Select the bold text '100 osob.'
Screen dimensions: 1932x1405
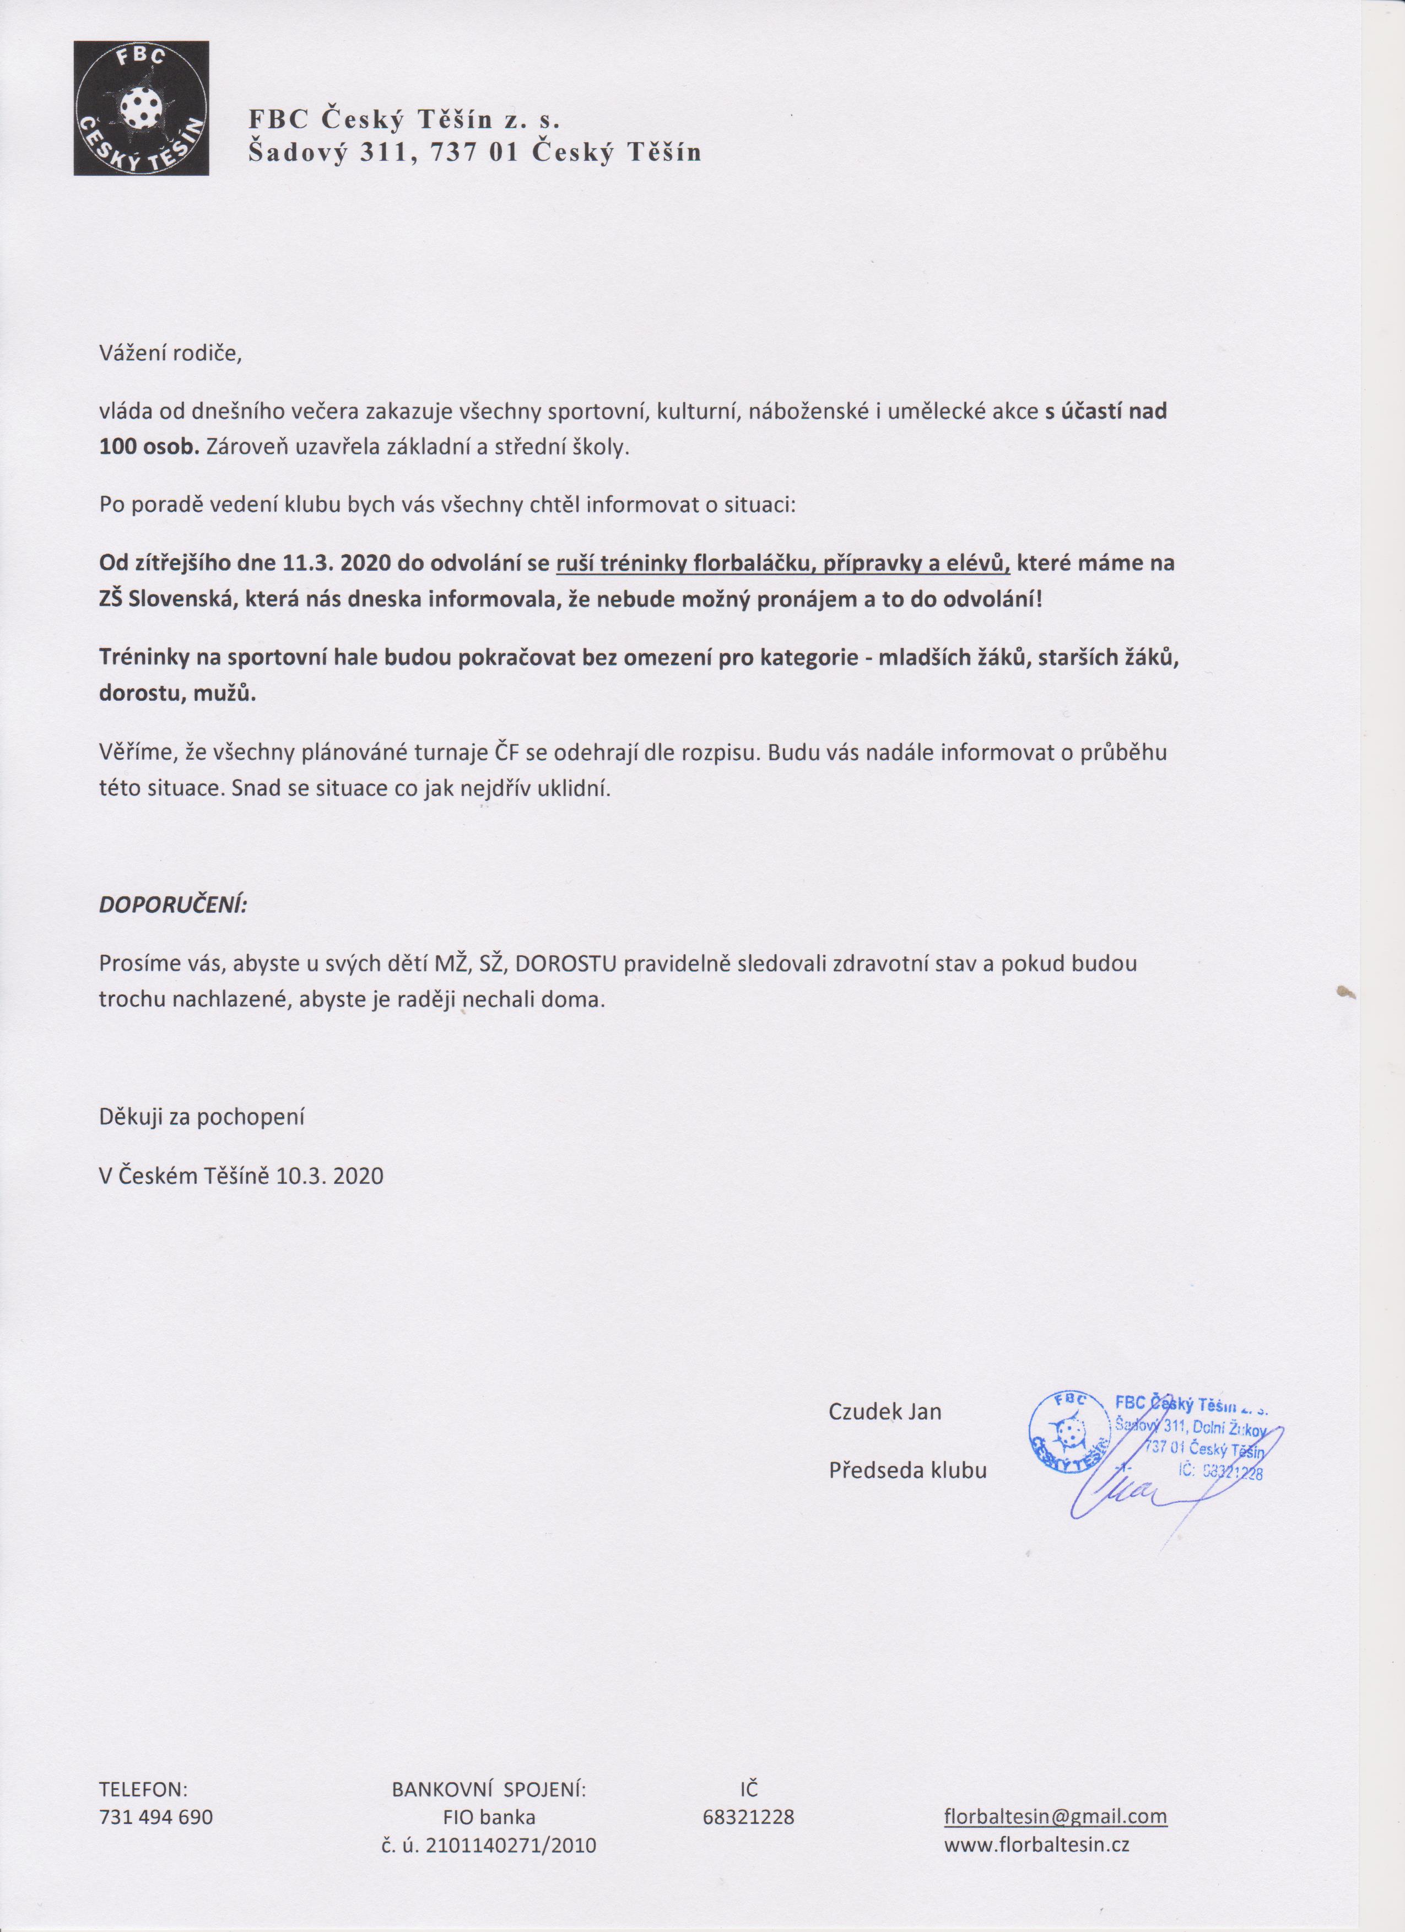pyautogui.click(x=148, y=447)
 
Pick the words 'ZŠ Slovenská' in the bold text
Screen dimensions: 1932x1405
pyautogui.click(x=166, y=599)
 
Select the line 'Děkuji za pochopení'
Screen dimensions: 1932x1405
pyautogui.click(x=201, y=1116)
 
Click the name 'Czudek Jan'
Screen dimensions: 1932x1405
pyautogui.click(x=884, y=1411)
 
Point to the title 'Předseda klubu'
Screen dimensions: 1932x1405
pyautogui.click(x=907, y=1470)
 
